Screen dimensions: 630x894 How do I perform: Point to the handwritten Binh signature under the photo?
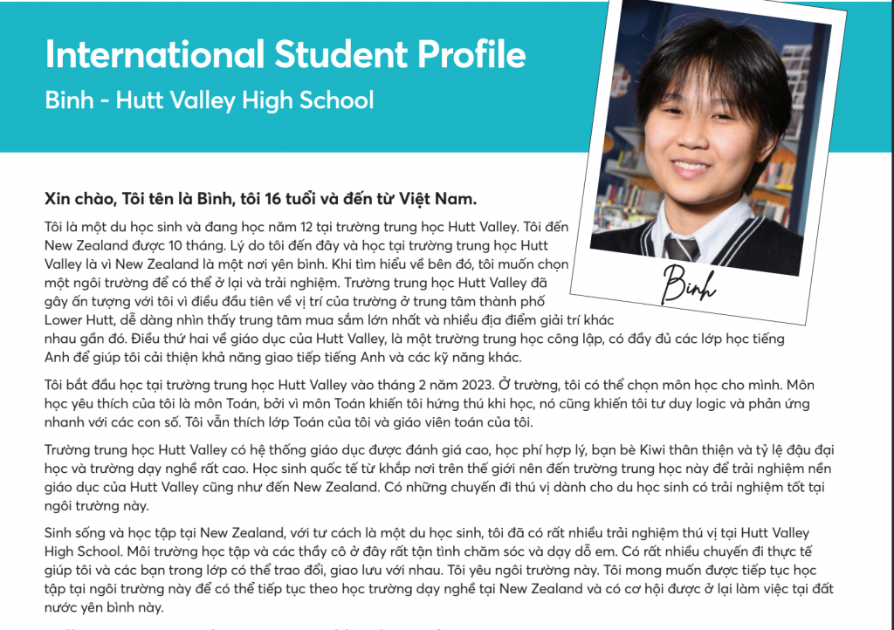690,280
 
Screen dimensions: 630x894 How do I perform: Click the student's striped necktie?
682,243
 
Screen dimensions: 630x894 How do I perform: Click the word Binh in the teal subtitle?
69,99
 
